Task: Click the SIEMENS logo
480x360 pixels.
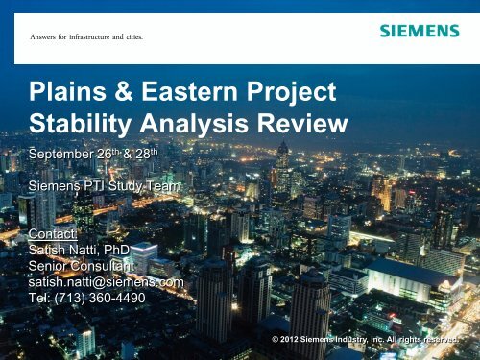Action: [418, 31]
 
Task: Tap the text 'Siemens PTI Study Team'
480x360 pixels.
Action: [104, 188]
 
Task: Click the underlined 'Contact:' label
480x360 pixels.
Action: [54, 233]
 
